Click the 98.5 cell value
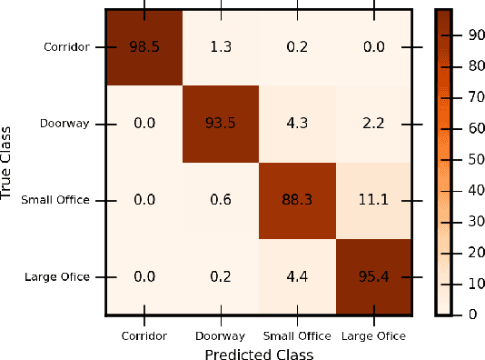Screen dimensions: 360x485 143,46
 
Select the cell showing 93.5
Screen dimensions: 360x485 219,123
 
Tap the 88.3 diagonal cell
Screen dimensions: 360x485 295,199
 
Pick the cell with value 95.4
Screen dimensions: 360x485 371,275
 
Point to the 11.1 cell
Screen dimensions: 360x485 371,199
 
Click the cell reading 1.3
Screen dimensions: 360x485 219,46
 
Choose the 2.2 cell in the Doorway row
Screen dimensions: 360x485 371,123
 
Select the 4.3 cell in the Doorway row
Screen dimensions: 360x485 295,123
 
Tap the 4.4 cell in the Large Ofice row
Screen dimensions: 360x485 295,275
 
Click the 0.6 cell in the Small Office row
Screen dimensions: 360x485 219,199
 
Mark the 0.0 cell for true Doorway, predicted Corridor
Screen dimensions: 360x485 143,123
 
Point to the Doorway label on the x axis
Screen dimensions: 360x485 219,335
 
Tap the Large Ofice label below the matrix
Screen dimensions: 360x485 372,335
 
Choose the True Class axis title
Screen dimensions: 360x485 8,161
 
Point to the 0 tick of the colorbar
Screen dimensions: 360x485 471,315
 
